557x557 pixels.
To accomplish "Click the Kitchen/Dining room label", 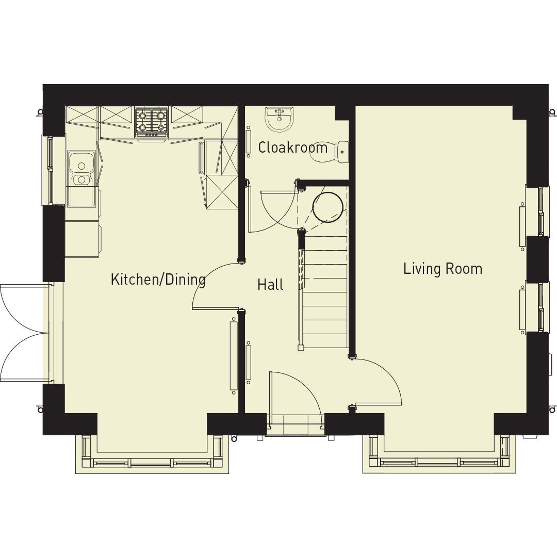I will (158, 280).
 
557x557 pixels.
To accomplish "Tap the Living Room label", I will (443, 269).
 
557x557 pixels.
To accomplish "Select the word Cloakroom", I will (292, 148).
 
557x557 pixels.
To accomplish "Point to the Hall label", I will (270, 285).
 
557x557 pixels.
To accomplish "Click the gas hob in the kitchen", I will (152, 122).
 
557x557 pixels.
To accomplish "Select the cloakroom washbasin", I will (278, 119).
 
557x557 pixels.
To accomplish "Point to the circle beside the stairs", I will (327, 207).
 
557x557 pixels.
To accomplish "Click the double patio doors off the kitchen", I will (23, 333).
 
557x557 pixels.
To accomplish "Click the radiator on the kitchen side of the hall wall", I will (234, 356).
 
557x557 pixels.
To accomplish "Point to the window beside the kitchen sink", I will (50, 170).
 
